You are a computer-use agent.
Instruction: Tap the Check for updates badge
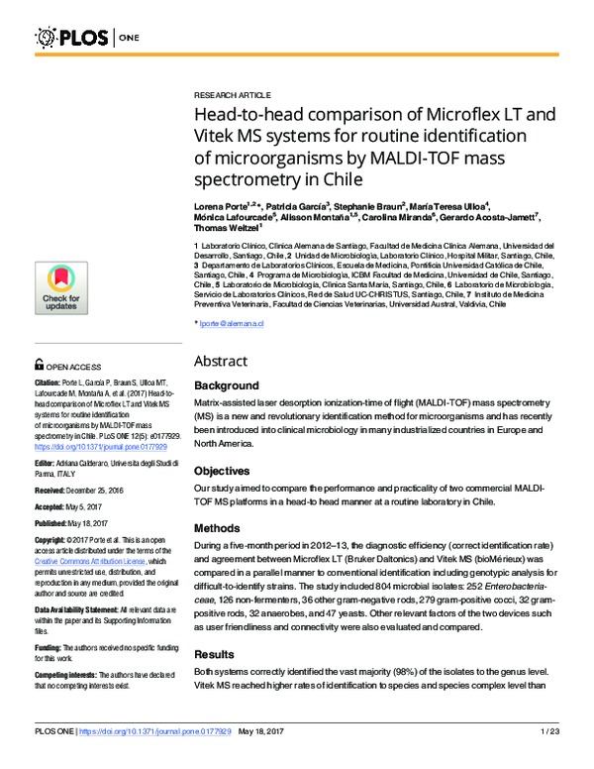click(60, 287)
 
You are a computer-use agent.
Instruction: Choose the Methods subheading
click(222, 528)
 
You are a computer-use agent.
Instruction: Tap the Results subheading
click(220, 655)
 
